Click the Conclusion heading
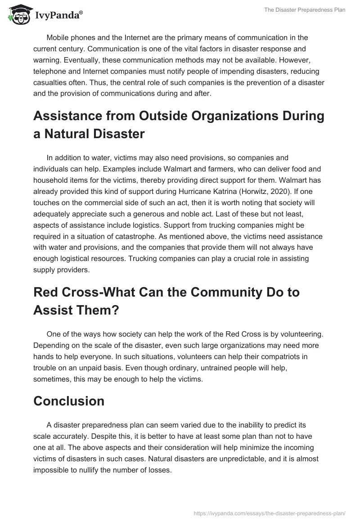(x=69, y=401)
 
